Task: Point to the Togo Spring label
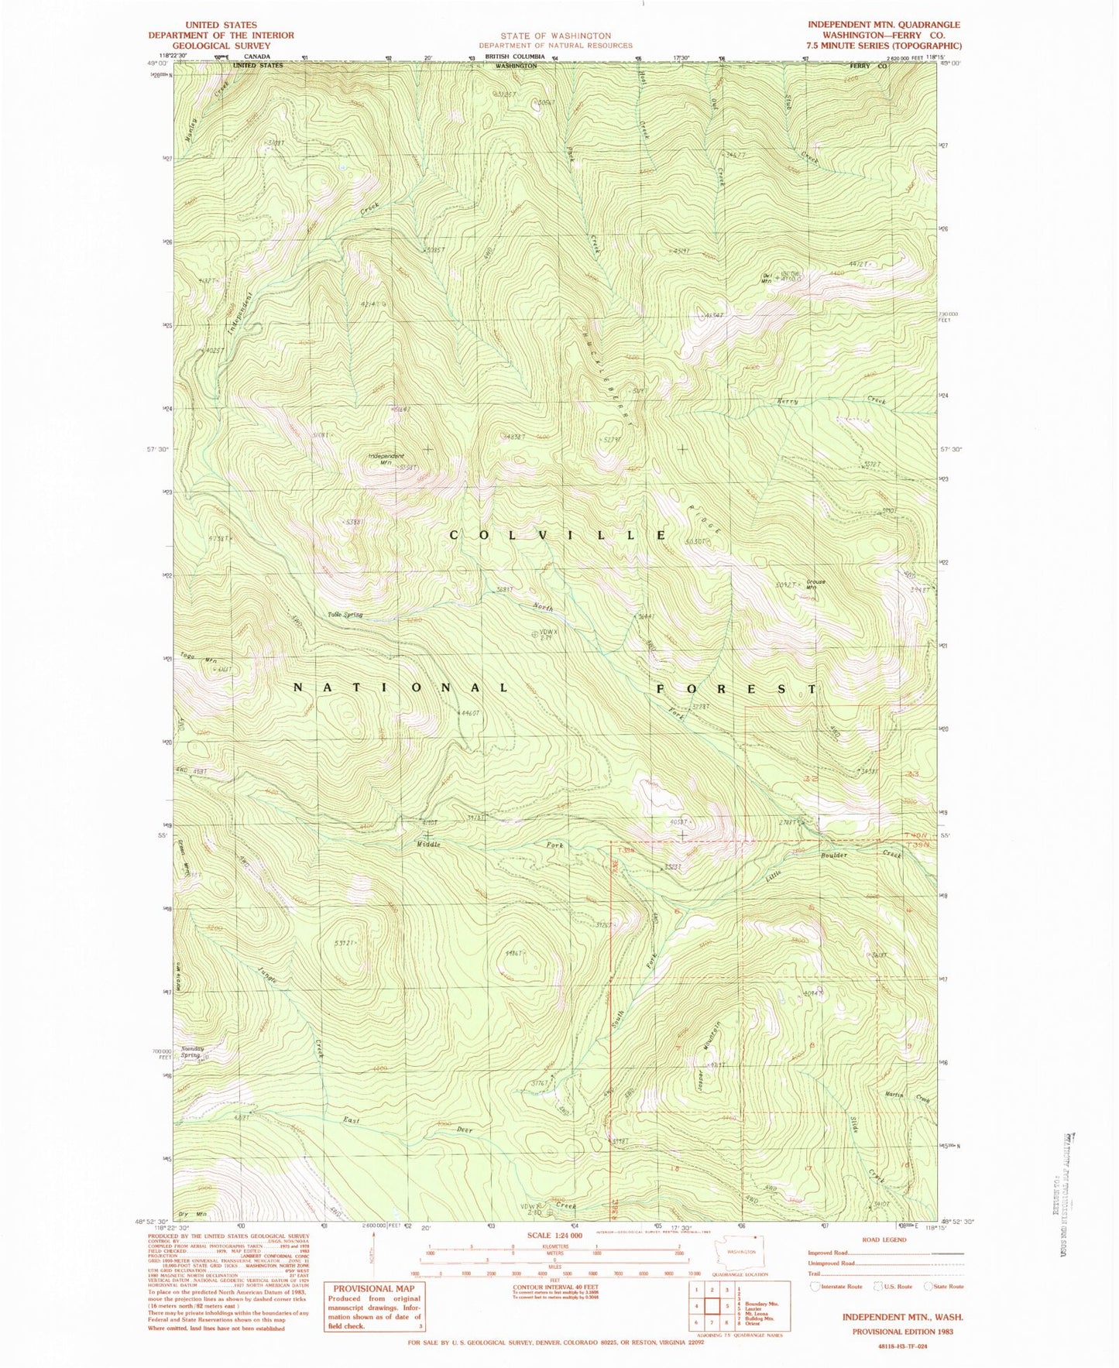pyautogui.click(x=345, y=615)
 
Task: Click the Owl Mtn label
pyautogui.click(x=769, y=279)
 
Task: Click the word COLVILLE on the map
pyautogui.click(x=558, y=536)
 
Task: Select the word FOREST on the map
pyautogui.click(x=736, y=688)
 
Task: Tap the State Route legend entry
pyautogui.click(x=942, y=1287)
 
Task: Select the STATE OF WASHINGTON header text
pyautogui.click(x=555, y=36)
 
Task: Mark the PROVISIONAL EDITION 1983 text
pyautogui.click(x=902, y=1332)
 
